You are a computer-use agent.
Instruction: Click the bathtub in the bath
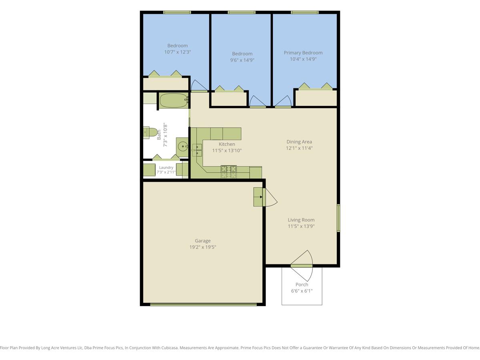174,100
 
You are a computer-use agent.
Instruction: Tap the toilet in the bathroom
150,132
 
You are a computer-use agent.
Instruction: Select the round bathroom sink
182,147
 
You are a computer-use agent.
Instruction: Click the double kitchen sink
197,150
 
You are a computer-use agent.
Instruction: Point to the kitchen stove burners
229,172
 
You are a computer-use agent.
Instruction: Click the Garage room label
203,241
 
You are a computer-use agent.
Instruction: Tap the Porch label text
302,284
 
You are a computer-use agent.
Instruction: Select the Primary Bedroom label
303,53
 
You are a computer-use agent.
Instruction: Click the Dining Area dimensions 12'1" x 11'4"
299,148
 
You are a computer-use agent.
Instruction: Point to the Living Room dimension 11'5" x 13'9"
301,226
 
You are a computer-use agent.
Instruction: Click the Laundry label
166,168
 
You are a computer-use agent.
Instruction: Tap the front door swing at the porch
302,266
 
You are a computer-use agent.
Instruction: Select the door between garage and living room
270,197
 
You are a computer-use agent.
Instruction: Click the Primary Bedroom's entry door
283,102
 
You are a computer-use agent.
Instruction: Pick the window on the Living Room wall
338,218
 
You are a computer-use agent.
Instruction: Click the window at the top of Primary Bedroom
305,12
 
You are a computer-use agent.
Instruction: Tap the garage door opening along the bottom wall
203,304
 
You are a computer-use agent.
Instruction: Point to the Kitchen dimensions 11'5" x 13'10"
227,150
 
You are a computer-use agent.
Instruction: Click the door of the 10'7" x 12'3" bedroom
199,86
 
